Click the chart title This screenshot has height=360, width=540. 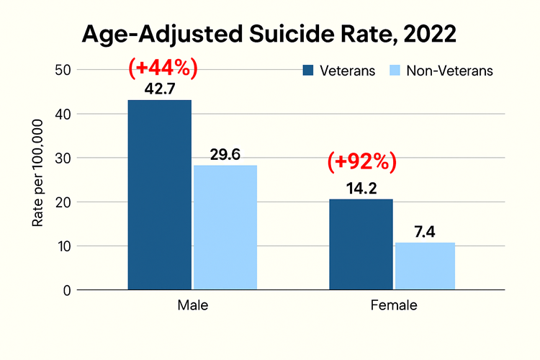click(269, 35)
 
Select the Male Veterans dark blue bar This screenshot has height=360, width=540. click(160, 194)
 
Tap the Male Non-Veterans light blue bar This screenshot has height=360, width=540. click(225, 228)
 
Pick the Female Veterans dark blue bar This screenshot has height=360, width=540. click(361, 244)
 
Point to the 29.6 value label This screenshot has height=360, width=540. click(225, 155)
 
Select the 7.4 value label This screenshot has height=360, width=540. click(425, 232)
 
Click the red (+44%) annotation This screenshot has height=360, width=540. click(163, 68)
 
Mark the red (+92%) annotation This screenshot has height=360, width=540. click(361, 162)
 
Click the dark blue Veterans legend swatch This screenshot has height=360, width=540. click(309, 71)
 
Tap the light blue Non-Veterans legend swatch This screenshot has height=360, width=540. click(395, 71)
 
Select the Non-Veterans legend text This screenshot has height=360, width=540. click(449, 71)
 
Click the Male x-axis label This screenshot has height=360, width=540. click(192, 305)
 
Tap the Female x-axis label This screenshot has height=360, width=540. click(393, 305)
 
